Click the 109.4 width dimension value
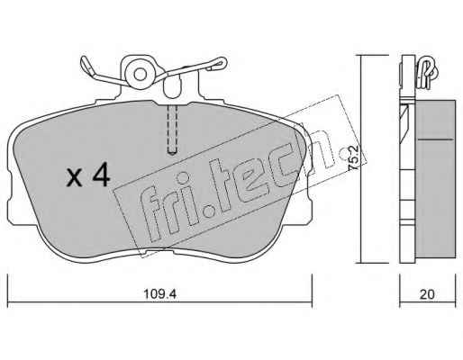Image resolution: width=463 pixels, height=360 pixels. tap(159, 293)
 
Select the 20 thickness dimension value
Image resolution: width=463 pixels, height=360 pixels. tap(427, 294)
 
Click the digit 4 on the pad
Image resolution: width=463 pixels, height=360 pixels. tap(101, 175)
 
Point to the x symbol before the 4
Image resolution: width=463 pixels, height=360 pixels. tap(75, 179)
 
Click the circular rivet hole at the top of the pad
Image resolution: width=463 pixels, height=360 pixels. tap(140, 75)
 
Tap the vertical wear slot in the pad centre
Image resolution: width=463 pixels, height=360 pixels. tap(172, 130)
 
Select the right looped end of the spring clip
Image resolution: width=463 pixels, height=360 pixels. tap(217, 64)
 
